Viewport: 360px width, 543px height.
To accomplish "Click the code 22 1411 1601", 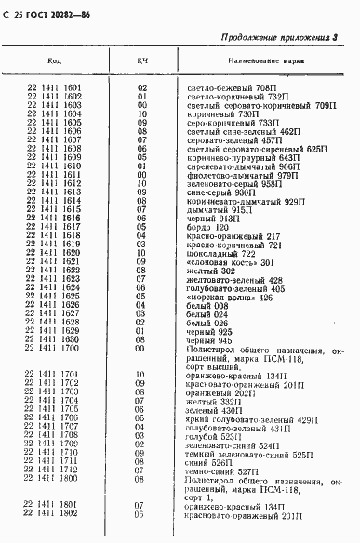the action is (55, 87).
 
